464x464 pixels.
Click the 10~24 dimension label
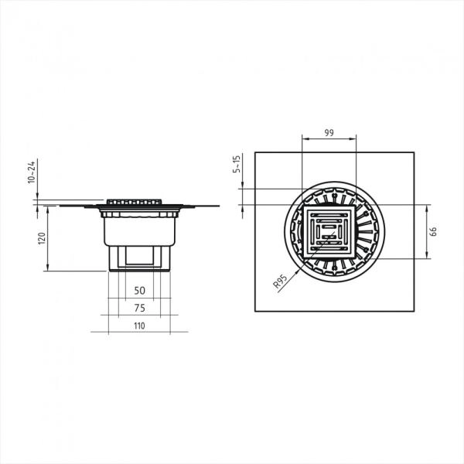pyautogui.click(x=32, y=172)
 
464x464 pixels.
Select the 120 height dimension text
pyautogui.click(x=42, y=238)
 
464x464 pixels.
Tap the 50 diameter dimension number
pyautogui.click(x=140, y=291)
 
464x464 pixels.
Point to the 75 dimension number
pyautogui.click(x=140, y=308)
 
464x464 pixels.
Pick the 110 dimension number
pyautogui.click(x=139, y=326)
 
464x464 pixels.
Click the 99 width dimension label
pyautogui.click(x=329, y=132)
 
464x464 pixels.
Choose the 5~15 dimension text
pyautogui.click(x=237, y=164)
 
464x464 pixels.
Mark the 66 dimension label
pyautogui.click(x=433, y=231)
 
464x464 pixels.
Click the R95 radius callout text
pyautogui.click(x=280, y=281)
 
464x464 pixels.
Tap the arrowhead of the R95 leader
pyautogui.click(x=299, y=271)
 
